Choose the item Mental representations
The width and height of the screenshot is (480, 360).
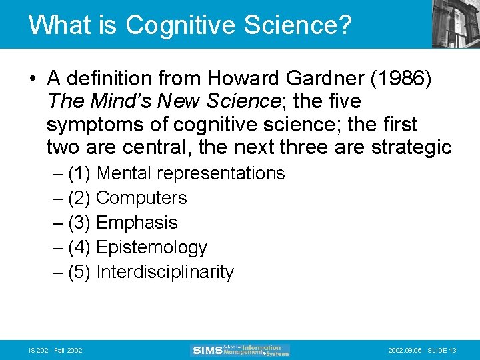[191, 173]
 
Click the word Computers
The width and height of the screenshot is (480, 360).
[141, 198]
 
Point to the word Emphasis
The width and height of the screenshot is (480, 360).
[137, 223]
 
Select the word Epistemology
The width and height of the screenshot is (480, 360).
[152, 247]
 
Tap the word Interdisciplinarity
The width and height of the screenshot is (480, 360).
[165, 272]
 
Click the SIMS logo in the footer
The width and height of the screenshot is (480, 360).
[240, 350]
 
